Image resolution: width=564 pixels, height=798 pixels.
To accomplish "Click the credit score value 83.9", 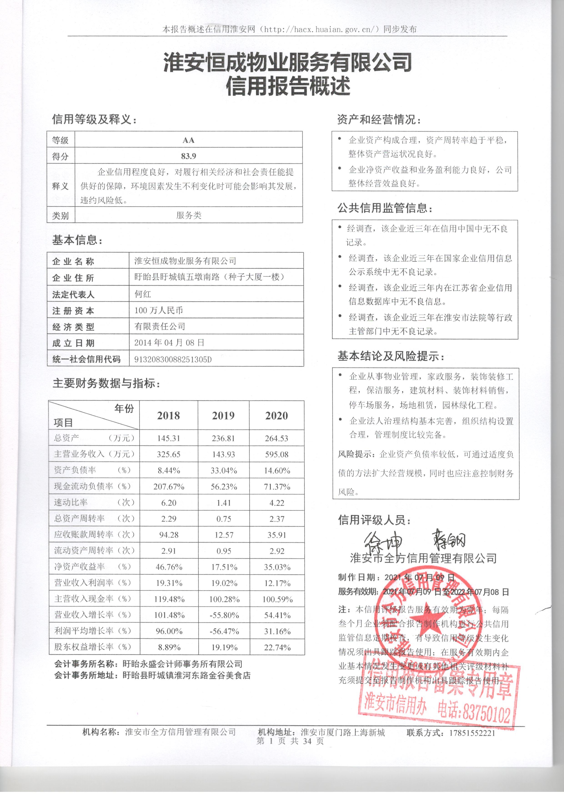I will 189,156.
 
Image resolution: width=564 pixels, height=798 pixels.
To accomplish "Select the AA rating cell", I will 189,140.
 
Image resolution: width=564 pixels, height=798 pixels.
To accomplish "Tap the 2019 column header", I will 223,416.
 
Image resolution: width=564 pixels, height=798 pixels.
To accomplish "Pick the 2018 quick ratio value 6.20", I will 169,503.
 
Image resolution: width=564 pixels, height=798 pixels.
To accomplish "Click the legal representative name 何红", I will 143,294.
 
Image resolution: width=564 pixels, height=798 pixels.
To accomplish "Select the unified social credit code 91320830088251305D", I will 173,359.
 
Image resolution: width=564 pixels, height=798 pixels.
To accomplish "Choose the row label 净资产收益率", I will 80,567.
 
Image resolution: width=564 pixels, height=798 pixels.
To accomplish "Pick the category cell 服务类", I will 189,215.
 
